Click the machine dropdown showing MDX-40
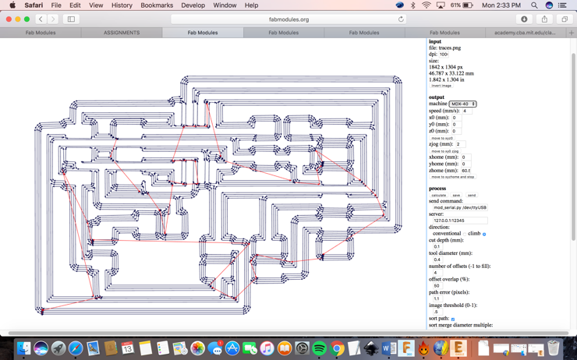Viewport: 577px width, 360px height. [462, 104]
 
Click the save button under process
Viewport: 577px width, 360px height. [456, 196]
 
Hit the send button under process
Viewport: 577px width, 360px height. [472, 196]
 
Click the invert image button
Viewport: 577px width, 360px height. [441, 86]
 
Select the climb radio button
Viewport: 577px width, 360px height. [484, 234]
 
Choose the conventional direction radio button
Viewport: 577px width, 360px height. [465, 234]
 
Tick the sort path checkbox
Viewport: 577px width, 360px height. [453, 319]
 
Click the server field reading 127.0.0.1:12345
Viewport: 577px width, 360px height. [460, 221]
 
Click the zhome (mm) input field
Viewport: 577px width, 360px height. [466, 171]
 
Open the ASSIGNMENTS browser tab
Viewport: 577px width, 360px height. [122, 33]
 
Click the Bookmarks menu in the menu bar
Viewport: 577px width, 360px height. [157, 5]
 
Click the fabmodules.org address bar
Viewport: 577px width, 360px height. [288, 19]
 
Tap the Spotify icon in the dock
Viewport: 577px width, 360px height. [319, 348]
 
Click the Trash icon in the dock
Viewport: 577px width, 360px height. [554, 348]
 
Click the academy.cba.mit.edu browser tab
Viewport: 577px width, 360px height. [525, 33]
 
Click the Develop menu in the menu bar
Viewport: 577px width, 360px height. [193, 5]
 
